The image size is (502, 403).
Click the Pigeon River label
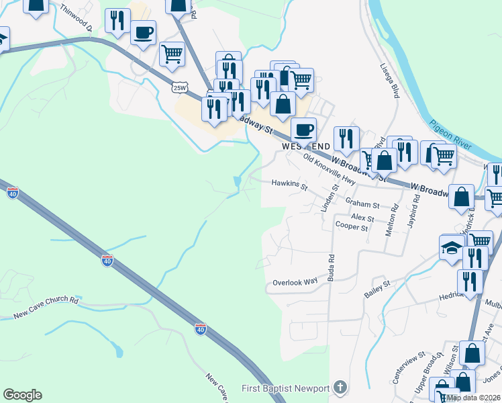click(456, 126)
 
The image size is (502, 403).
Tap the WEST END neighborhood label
click(306, 146)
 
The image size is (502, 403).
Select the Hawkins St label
click(289, 183)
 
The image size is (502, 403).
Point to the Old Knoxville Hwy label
click(329, 169)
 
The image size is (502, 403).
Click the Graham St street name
click(362, 204)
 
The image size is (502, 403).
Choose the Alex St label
click(362, 219)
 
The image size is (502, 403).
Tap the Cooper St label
click(352, 228)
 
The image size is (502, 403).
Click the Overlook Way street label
click(295, 282)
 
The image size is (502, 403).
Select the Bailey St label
click(377, 287)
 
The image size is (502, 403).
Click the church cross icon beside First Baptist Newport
click(340, 388)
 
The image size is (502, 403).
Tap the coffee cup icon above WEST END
click(303, 128)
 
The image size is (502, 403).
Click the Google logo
click(22, 395)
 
